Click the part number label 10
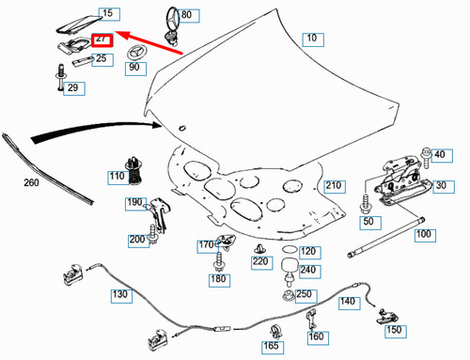[x=313, y=39]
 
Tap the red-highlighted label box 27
[x=102, y=40]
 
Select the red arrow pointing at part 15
[x=149, y=42]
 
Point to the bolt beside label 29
[x=60, y=77]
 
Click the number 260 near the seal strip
[x=31, y=182]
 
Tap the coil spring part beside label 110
[x=133, y=171]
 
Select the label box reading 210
[x=335, y=186]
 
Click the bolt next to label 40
[x=426, y=158]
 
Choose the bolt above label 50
[x=366, y=204]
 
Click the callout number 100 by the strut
[x=425, y=235]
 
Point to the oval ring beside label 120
[x=290, y=250]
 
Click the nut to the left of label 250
[x=289, y=296]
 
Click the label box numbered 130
[x=121, y=296]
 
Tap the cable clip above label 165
[x=275, y=332]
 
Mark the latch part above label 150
[x=387, y=317]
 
